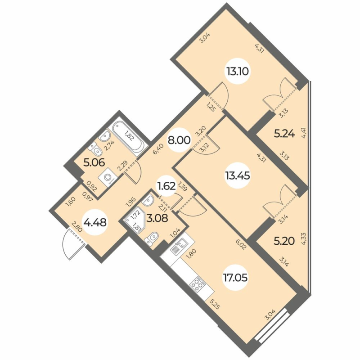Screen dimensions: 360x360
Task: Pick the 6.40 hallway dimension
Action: click(155, 148)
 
